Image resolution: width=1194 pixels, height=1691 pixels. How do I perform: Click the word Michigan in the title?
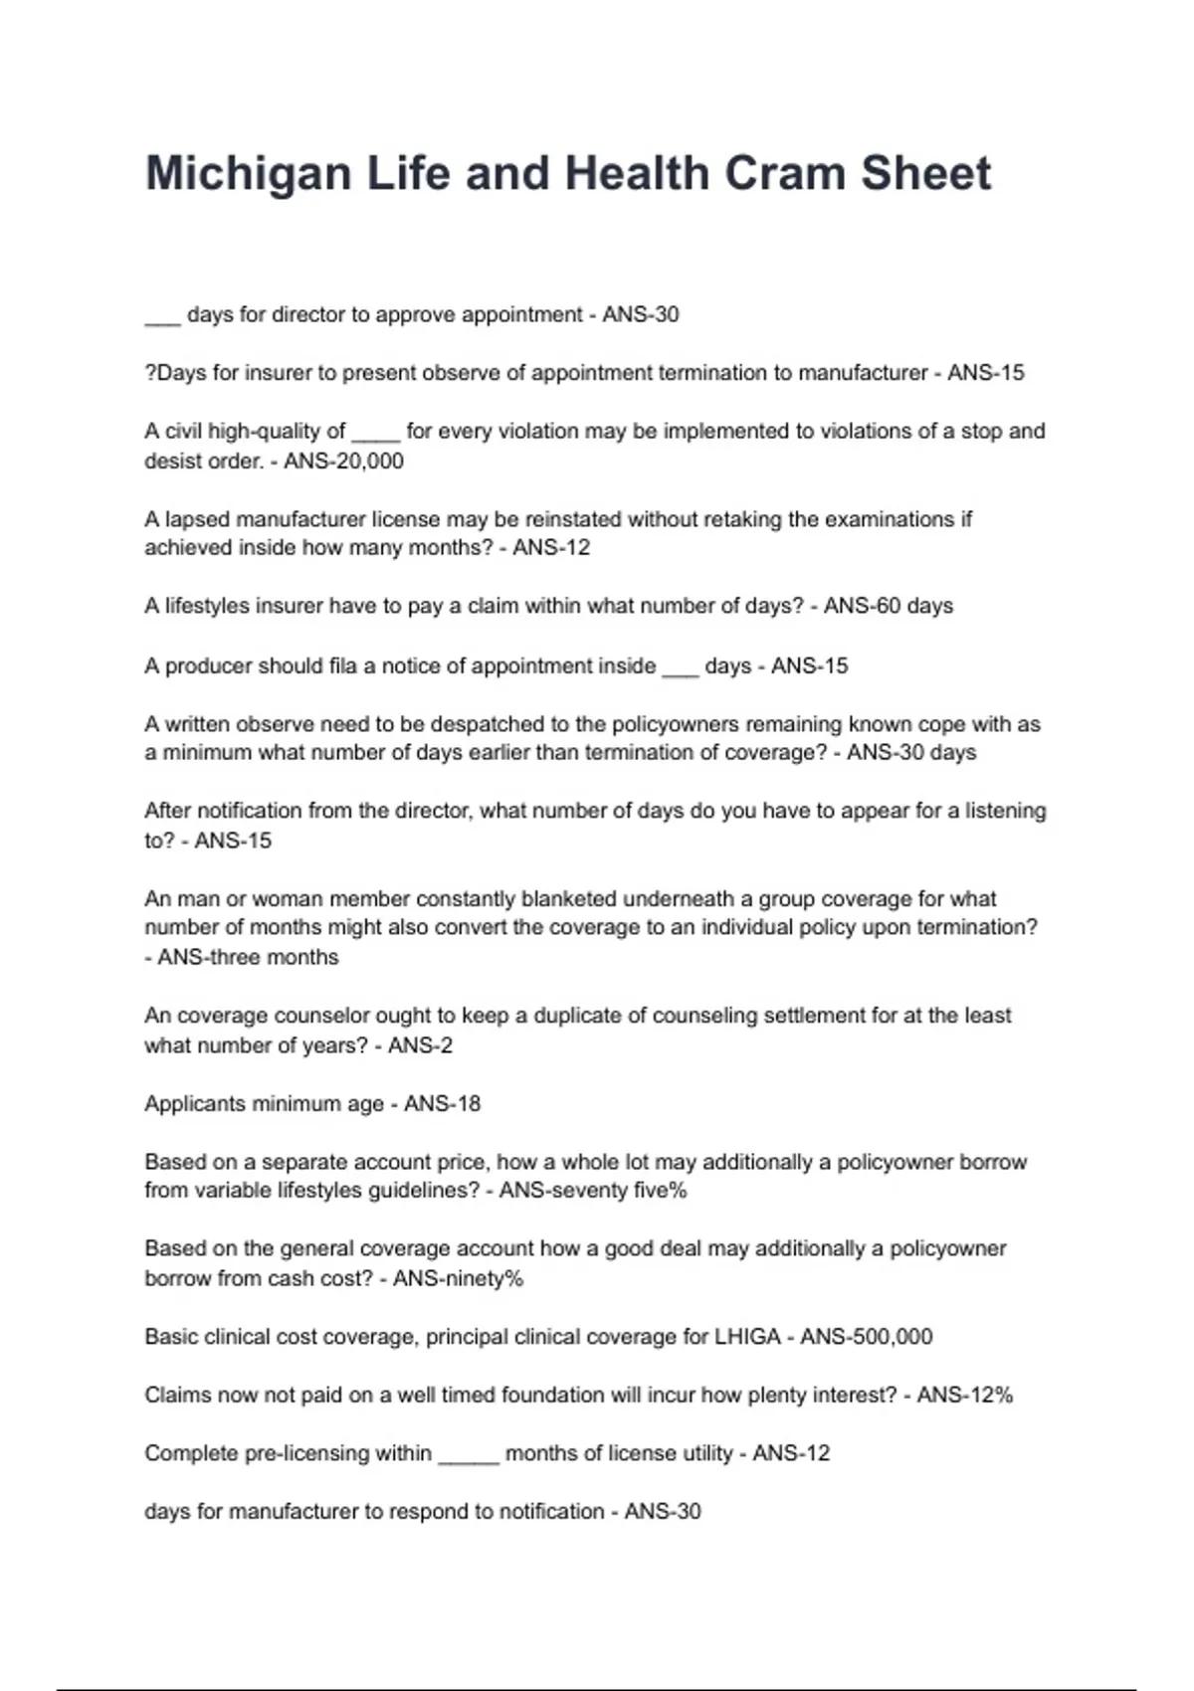(x=248, y=174)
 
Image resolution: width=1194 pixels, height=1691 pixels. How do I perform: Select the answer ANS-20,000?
(x=343, y=462)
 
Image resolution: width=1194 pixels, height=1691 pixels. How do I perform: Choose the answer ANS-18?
(x=442, y=1104)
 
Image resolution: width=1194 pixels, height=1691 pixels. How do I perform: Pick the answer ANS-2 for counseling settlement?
(x=420, y=1045)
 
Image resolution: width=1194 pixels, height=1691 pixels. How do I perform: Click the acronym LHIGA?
(x=747, y=1337)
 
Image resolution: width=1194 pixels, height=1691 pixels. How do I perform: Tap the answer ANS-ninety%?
(x=458, y=1278)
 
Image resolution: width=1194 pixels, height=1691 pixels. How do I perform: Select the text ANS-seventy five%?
(x=592, y=1191)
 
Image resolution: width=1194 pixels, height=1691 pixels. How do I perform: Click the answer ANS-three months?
(x=248, y=958)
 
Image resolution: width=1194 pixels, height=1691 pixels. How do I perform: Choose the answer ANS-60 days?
(x=888, y=607)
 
